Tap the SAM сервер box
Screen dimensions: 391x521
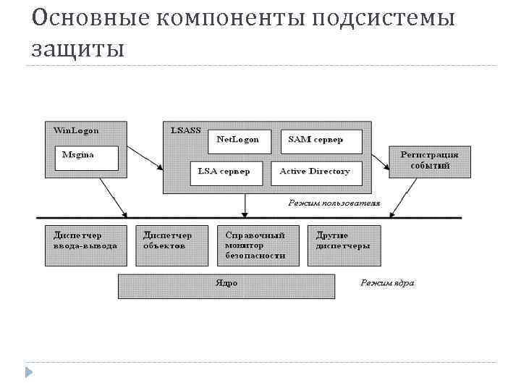point(315,140)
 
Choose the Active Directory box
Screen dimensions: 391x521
point(315,172)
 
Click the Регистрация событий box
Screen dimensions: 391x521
point(429,160)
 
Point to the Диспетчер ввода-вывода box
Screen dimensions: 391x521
point(85,241)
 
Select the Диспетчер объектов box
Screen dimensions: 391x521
point(168,241)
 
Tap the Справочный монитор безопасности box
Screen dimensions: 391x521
point(258,245)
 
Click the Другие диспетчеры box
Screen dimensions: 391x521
point(346,241)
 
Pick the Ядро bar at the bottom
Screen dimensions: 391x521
point(226,285)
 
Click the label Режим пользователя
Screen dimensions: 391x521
point(334,203)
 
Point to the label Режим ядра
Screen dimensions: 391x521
point(388,283)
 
